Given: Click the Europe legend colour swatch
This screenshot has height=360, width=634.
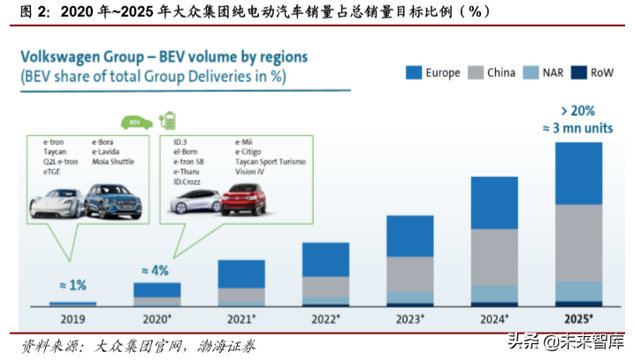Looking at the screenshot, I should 413,73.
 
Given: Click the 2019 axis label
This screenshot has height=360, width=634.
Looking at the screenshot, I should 73,318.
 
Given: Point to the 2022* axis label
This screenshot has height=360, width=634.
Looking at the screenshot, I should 325,318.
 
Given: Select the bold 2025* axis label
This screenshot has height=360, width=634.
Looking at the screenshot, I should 578,318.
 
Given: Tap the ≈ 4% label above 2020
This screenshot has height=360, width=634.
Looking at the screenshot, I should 156,271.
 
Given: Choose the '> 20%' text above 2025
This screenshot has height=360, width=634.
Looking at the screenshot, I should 578,111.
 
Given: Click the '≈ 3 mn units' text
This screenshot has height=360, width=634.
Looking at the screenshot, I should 578,128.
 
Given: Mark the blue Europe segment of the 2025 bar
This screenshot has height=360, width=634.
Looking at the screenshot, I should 578,172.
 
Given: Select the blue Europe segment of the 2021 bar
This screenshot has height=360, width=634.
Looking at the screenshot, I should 241,273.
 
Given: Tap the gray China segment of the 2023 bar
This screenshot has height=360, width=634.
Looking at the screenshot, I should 409,273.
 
